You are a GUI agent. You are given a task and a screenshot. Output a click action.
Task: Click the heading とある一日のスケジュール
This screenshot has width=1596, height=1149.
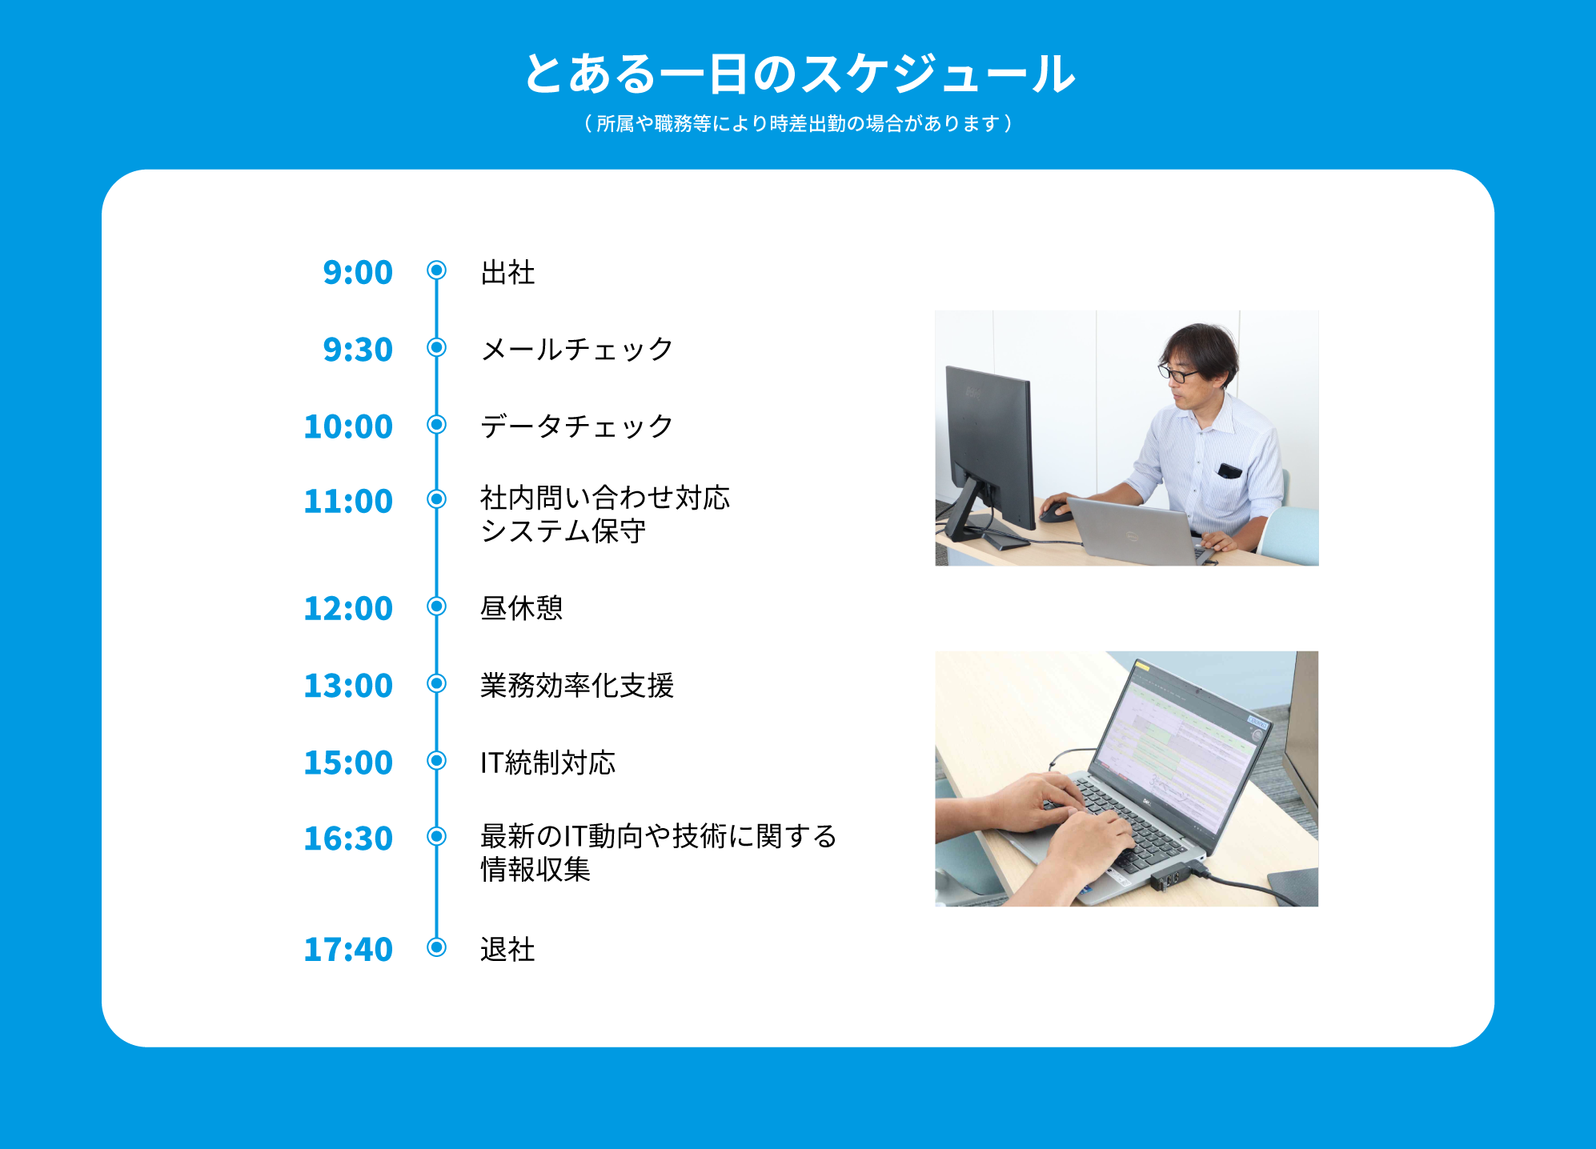click(799, 74)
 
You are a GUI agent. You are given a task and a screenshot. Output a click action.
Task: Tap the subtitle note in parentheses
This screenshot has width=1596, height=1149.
click(798, 123)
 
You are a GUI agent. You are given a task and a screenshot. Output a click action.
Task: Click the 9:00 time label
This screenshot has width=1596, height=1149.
click(358, 272)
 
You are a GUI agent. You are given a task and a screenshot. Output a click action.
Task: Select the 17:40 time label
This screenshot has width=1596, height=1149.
click(348, 949)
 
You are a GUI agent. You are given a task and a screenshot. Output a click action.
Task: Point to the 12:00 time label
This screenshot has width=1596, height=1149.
click(348, 608)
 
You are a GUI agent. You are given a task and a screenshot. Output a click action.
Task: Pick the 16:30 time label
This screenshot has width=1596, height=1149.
click(348, 838)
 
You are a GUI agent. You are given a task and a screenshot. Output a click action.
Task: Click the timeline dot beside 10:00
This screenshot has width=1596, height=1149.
click(436, 424)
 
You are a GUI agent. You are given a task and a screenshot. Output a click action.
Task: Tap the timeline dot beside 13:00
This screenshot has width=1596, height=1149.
click(436, 683)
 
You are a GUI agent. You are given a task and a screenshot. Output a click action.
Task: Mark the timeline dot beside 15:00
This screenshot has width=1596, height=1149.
click(436, 760)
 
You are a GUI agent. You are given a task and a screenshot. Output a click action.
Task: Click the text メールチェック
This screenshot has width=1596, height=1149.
click(577, 349)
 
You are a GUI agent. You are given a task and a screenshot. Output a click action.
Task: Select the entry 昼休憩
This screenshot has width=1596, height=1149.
click(522, 608)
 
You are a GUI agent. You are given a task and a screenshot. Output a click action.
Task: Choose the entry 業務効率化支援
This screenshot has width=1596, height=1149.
click(577, 685)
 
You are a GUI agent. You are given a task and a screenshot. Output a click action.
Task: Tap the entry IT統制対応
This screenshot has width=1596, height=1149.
click(548, 763)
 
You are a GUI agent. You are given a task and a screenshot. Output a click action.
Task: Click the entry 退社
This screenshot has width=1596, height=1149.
click(507, 949)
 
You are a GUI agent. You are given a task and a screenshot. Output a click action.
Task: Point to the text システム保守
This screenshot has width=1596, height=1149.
click(563, 530)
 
